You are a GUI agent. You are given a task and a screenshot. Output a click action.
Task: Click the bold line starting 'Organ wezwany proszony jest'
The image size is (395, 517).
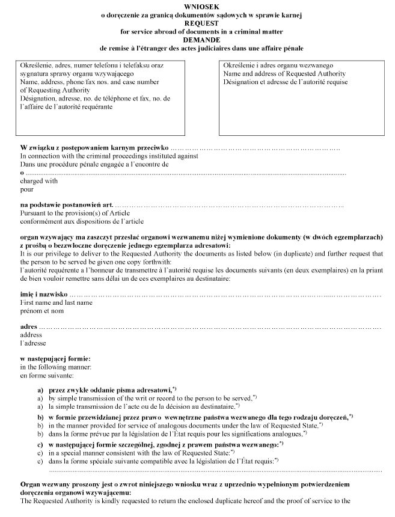point(180,484)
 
